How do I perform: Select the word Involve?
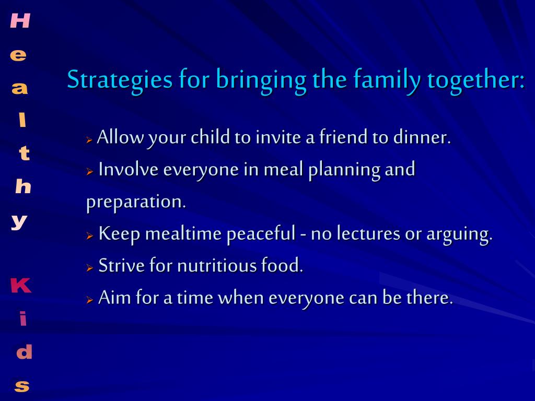pos(129,169)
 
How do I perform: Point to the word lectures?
pos(369,233)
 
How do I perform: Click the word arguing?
pos(459,234)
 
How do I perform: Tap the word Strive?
pos(121,266)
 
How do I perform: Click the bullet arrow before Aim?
pos(90,300)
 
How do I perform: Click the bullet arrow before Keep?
pos(90,235)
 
